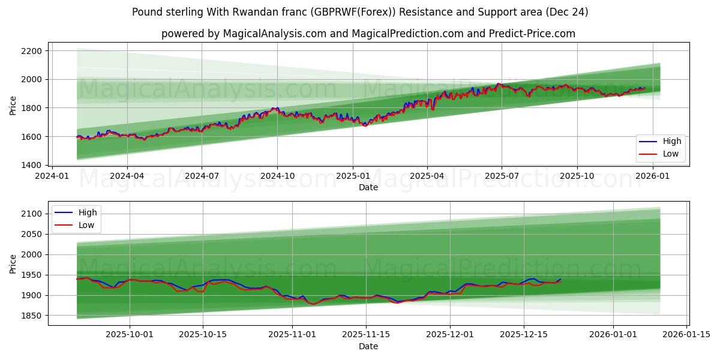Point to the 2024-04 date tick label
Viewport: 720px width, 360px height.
(127, 176)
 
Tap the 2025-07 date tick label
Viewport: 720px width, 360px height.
(502, 176)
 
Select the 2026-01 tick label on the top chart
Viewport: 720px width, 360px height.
(652, 176)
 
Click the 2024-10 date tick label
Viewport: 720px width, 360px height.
(277, 176)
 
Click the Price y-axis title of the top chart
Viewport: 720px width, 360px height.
(13, 106)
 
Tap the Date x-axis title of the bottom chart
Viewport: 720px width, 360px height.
(368, 346)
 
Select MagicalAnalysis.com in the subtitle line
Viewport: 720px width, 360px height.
(274, 34)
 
